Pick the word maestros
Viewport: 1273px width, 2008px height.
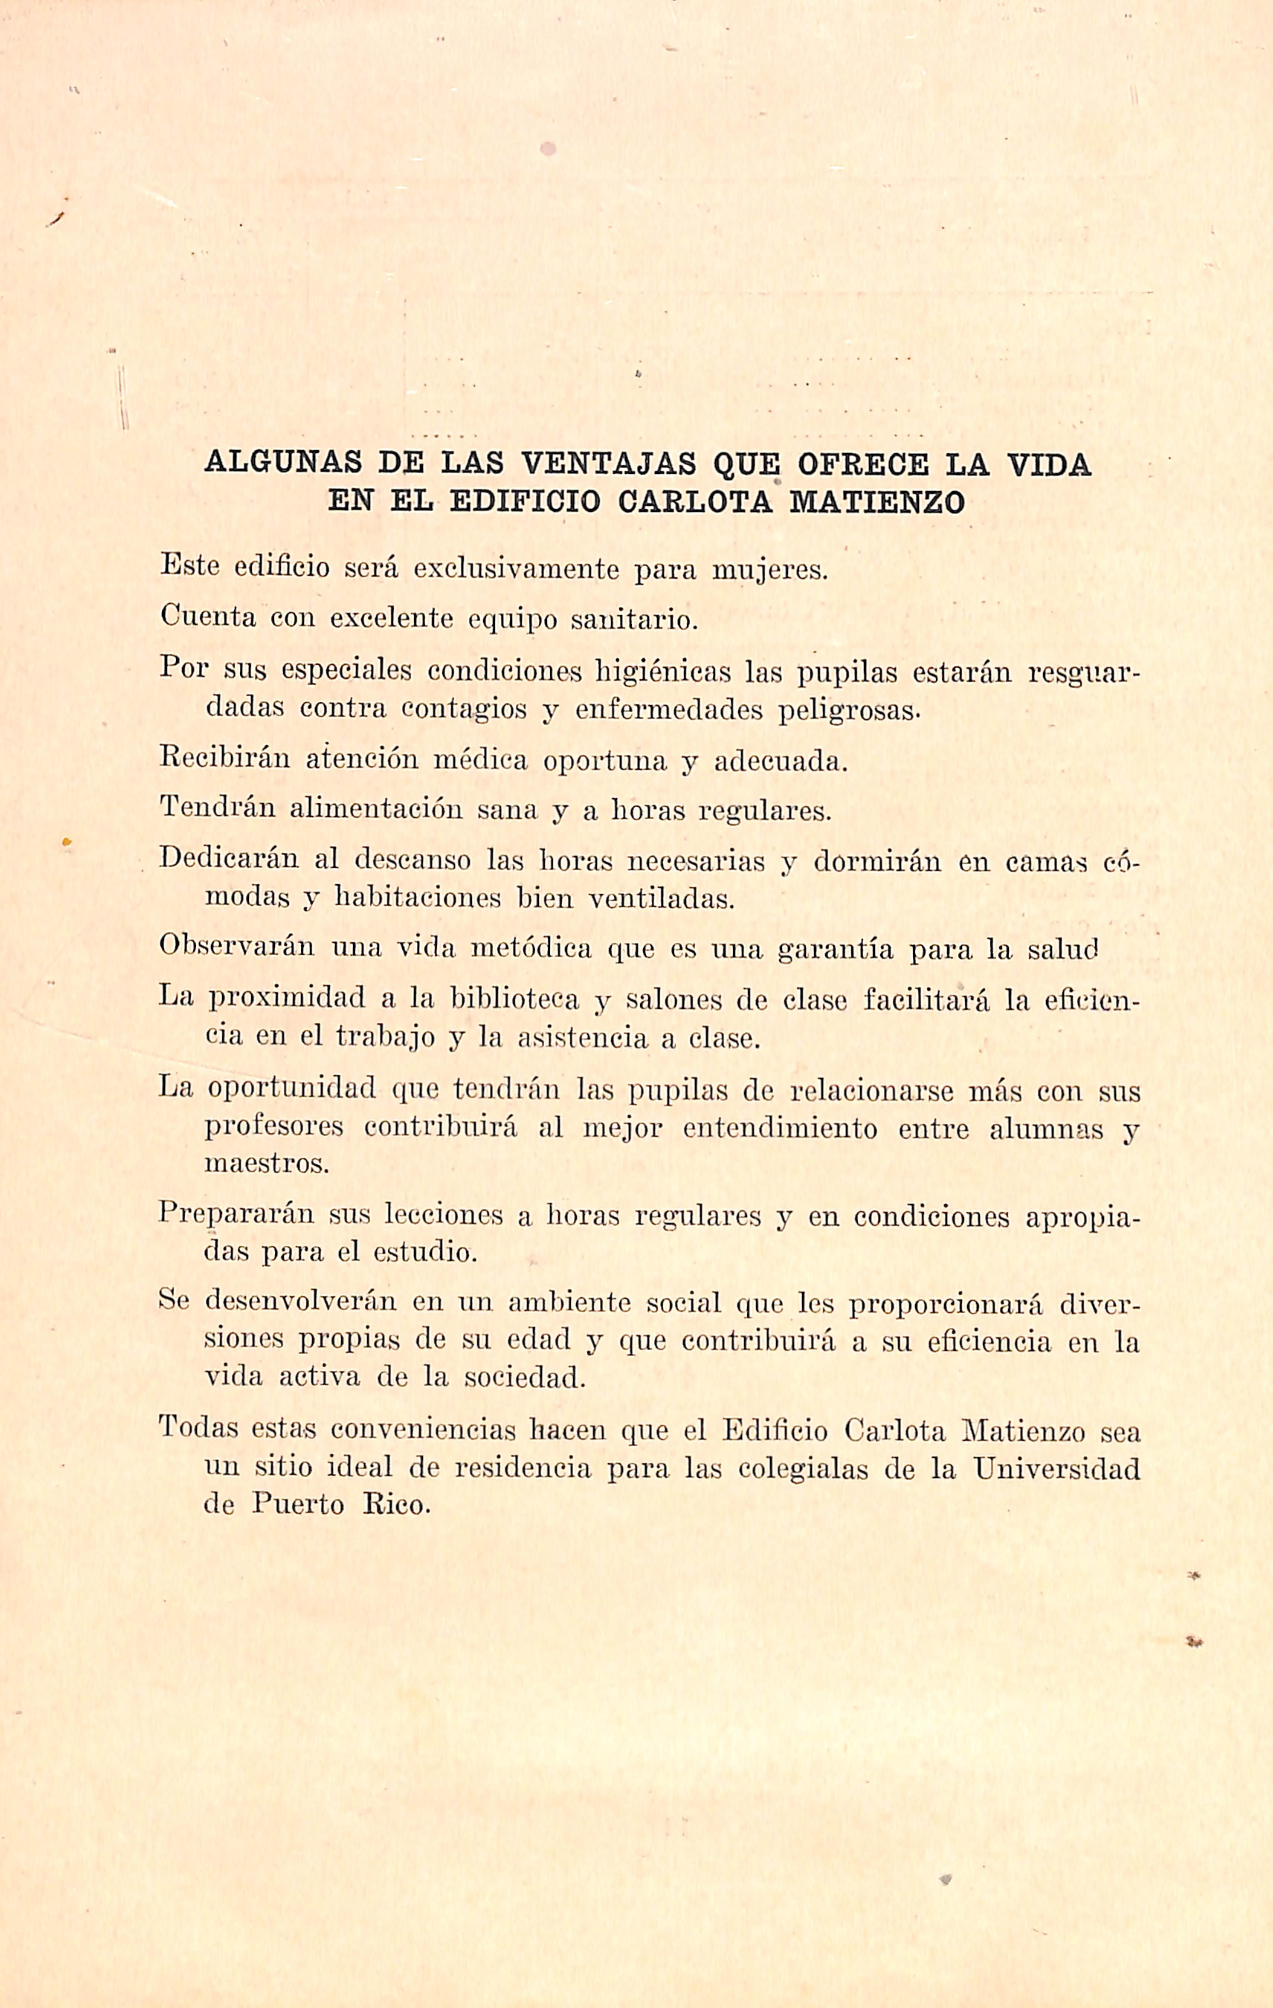267,1164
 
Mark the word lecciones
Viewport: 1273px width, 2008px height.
443,1216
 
